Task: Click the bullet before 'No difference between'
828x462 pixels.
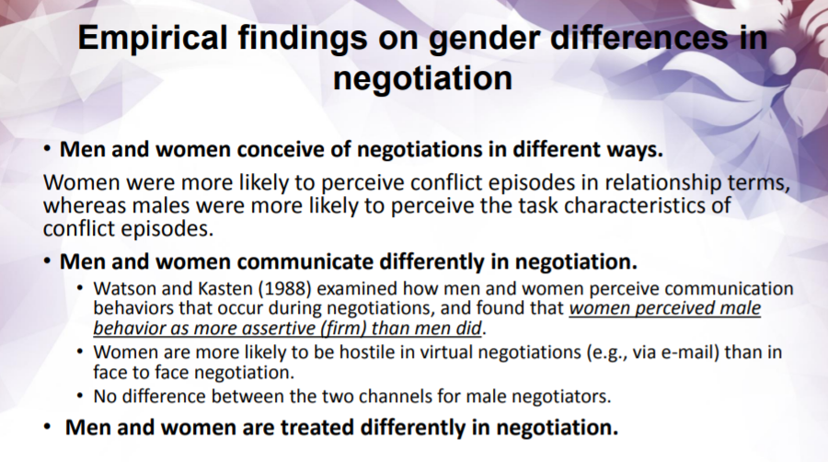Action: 83,397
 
